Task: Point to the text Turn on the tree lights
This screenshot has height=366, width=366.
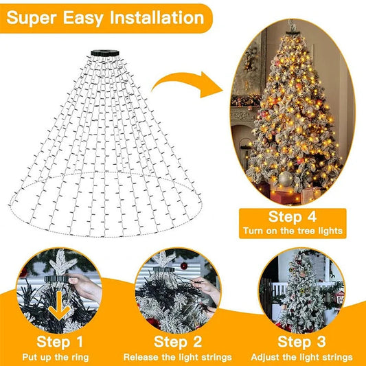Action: [293, 232]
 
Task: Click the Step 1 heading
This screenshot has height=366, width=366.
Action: [60, 341]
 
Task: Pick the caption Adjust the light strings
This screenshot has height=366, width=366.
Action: [302, 357]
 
